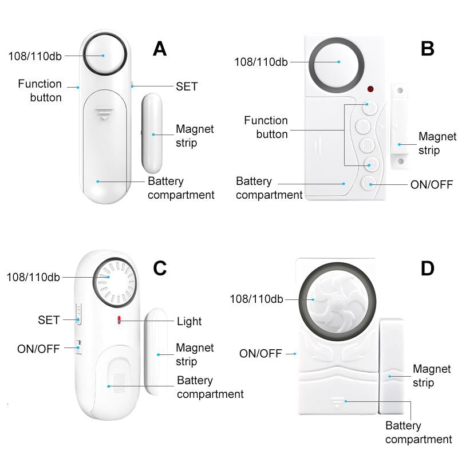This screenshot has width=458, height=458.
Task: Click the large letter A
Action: [160, 49]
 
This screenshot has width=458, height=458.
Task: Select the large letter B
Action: [427, 49]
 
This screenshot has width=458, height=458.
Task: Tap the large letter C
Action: [160, 268]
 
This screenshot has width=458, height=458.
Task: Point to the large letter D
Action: [427, 268]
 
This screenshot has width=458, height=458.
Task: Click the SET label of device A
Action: [187, 86]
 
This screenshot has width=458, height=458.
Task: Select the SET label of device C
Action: [49, 320]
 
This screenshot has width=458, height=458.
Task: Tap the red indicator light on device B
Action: [370, 90]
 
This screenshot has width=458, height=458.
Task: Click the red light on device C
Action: [119, 320]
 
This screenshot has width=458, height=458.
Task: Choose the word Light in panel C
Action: [189, 321]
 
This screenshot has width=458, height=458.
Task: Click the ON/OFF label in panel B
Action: [432, 184]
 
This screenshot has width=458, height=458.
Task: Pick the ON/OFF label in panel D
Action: [260, 354]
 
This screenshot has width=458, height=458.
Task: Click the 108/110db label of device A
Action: [34, 56]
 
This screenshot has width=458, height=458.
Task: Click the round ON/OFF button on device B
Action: [369, 184]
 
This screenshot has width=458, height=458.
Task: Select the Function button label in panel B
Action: [266, 127]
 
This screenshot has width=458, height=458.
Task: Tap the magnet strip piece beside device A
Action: [152, 132]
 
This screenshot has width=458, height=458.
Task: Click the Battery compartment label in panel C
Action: [210, 387]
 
